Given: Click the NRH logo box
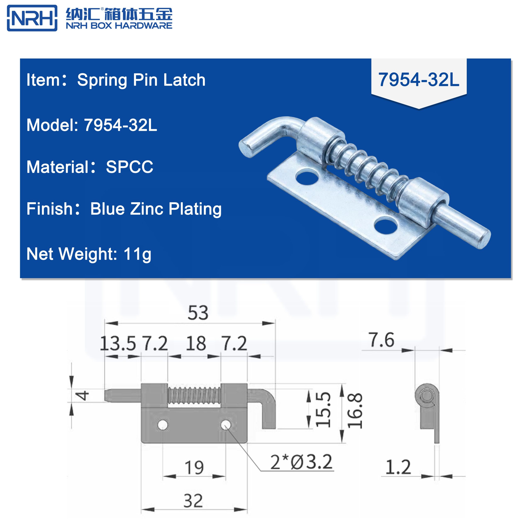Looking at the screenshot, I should click(32, 18).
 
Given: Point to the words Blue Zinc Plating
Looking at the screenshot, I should click(156, 209).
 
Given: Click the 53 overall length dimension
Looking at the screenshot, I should click(198, 313).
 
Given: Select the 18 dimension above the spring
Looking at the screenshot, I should click(196, 343).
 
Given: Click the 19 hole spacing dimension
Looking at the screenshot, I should click(194, 468).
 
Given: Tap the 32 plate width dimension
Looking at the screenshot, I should click(193, 501).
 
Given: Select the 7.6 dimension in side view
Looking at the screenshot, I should click(382, 340).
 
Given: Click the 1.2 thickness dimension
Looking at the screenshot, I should click(398, 467).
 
